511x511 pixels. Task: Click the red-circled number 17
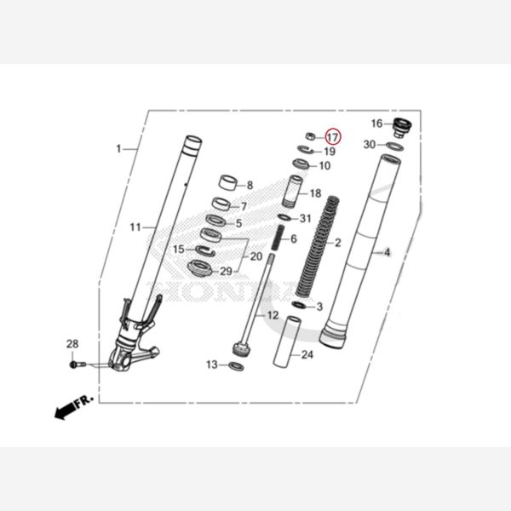pos(332,136)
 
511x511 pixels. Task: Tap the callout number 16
pos(376,124)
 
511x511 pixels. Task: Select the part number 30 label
pos(369,145)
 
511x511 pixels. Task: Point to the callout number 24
pos(307,355)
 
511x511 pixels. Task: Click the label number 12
pos(273,315)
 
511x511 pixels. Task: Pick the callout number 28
pos(72,343)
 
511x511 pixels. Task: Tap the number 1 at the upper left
pos(118,149)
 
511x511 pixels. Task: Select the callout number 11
pos(135,227)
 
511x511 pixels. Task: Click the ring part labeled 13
pos(236,366)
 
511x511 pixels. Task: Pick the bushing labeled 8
pos(228,181)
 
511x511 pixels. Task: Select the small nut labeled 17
pos(311,136)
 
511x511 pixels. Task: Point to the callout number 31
pos(306,219)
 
